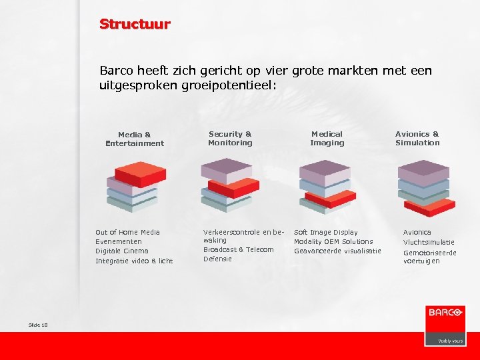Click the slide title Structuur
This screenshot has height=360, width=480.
click(135, 25)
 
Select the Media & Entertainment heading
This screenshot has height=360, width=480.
click(134, 139)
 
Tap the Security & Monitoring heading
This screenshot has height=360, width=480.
click(230, 138)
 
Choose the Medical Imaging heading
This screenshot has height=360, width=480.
click(327, 138)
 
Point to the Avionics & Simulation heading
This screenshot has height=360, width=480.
click(417, 138)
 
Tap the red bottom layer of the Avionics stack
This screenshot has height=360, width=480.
click(431, 206)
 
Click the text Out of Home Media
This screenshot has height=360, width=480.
click(127, 232)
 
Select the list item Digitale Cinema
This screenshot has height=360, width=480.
click(122, 251)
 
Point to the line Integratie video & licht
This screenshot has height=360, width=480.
click(134, 261)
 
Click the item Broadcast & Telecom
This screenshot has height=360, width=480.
click(238, 249)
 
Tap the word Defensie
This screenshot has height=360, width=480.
click(217, 259)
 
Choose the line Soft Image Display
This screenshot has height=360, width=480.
click(326, 232)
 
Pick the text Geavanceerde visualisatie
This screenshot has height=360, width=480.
click(337, 251)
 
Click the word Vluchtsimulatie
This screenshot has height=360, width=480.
click(429, 242)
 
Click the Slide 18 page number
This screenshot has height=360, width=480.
click(39, 324)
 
